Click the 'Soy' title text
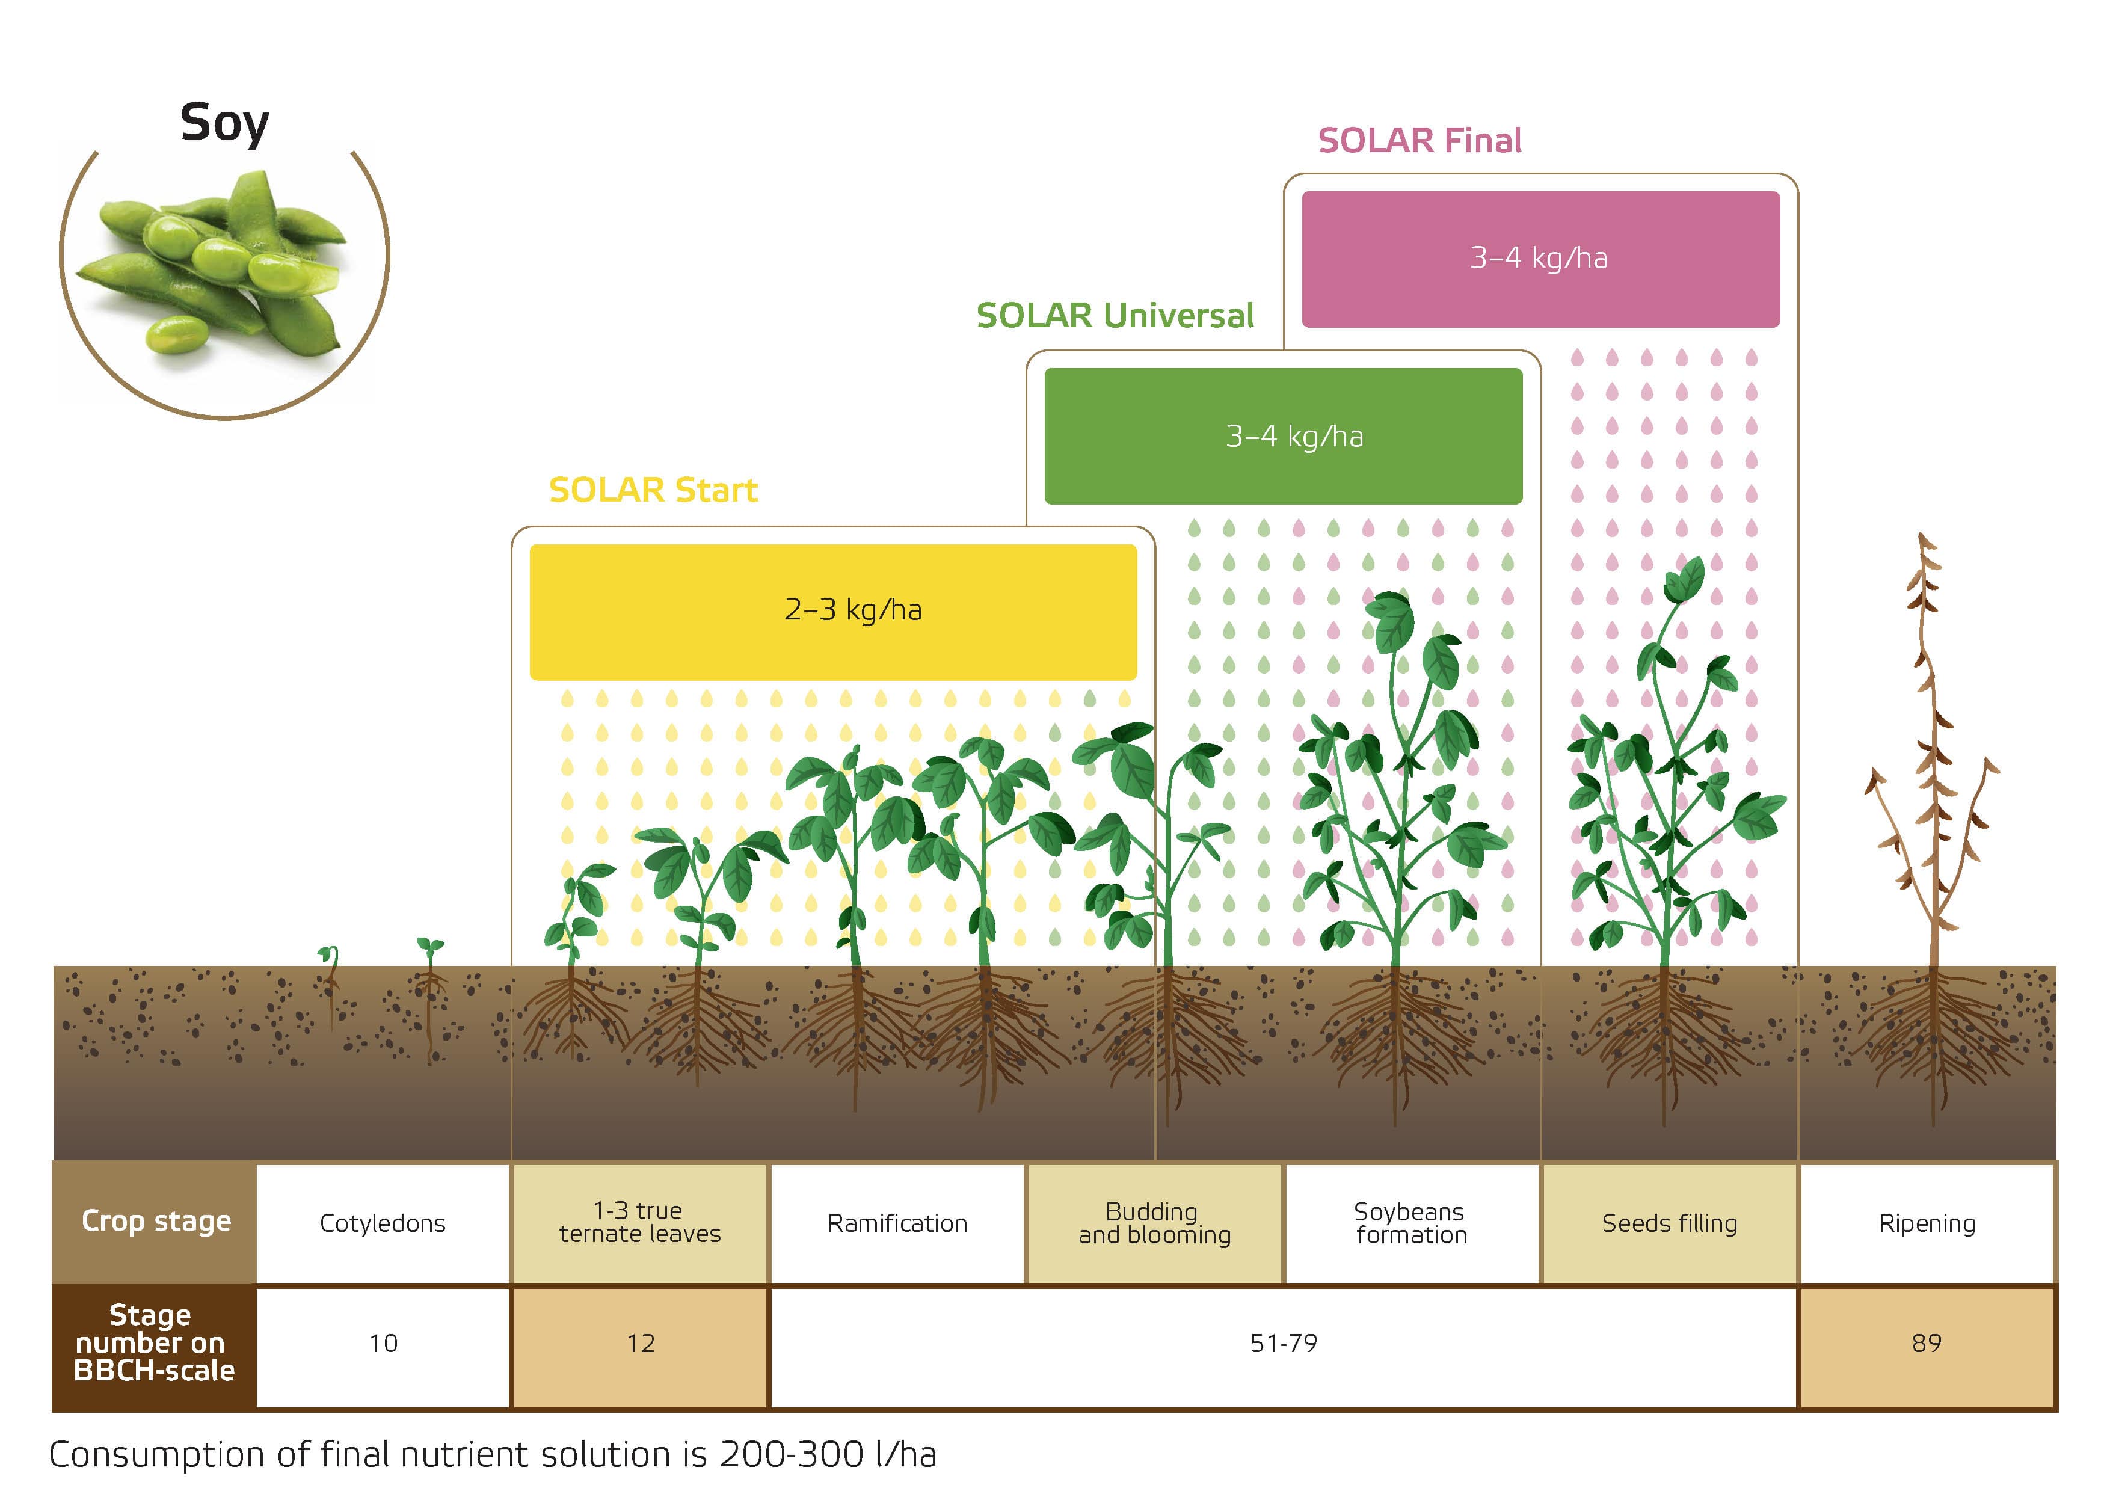click(x=225, y=123)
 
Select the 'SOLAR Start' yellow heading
click(x=654, y=490)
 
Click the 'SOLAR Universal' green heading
click(x=1115, y=315)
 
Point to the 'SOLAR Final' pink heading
click(x=1419, y=140)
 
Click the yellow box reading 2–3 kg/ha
click(x=833, y=612)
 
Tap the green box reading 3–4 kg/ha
click(x=1283, y=436)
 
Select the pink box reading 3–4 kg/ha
click(x=1540, y=259)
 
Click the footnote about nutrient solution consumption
click(x=492, y=1454)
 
